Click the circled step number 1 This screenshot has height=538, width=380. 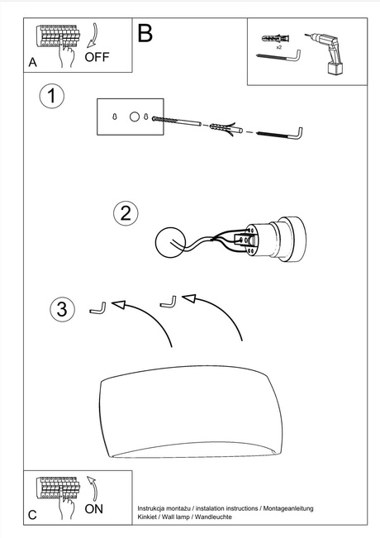51,97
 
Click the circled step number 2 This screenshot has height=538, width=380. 125,212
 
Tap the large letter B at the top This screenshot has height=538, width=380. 145,33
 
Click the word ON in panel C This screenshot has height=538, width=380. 94,509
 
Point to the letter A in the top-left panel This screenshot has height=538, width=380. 32,62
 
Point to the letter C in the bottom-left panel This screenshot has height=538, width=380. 31,515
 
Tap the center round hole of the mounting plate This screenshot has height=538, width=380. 132,117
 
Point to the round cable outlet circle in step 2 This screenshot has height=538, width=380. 172,241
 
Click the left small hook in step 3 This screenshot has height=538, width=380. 97,307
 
